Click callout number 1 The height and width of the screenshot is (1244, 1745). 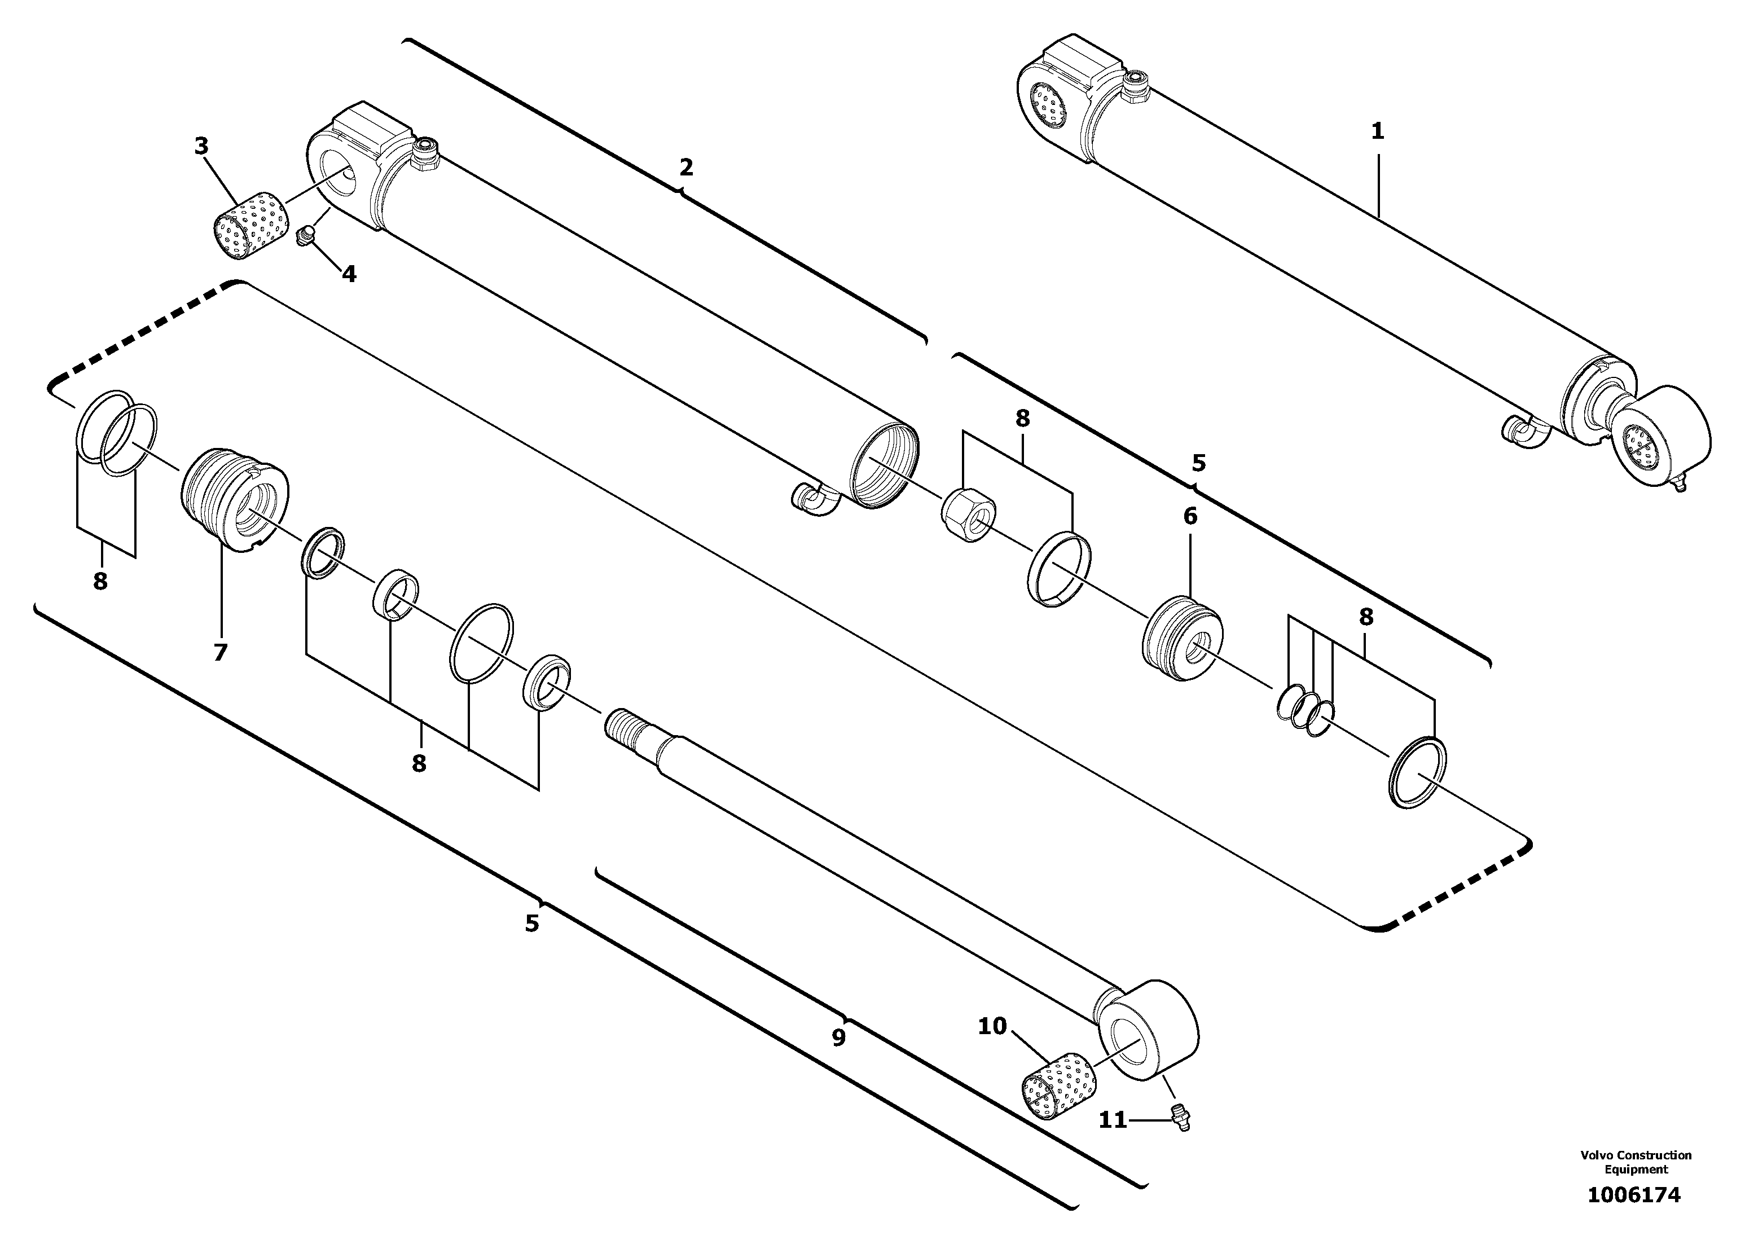tap(1377, 132)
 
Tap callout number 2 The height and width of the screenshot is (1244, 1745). tap(685, 167)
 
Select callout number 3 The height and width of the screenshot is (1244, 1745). tap(201, 146)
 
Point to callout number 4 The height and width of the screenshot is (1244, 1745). tap(349, 274)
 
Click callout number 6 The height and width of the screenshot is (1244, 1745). tap(1190, 516)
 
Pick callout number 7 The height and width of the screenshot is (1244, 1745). tap(221, 653)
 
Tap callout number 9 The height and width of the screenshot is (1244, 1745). tap(839, 1038)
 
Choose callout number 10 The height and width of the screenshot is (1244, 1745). tap(992, 1026)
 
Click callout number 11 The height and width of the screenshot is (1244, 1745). tap(1113, 1120)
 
